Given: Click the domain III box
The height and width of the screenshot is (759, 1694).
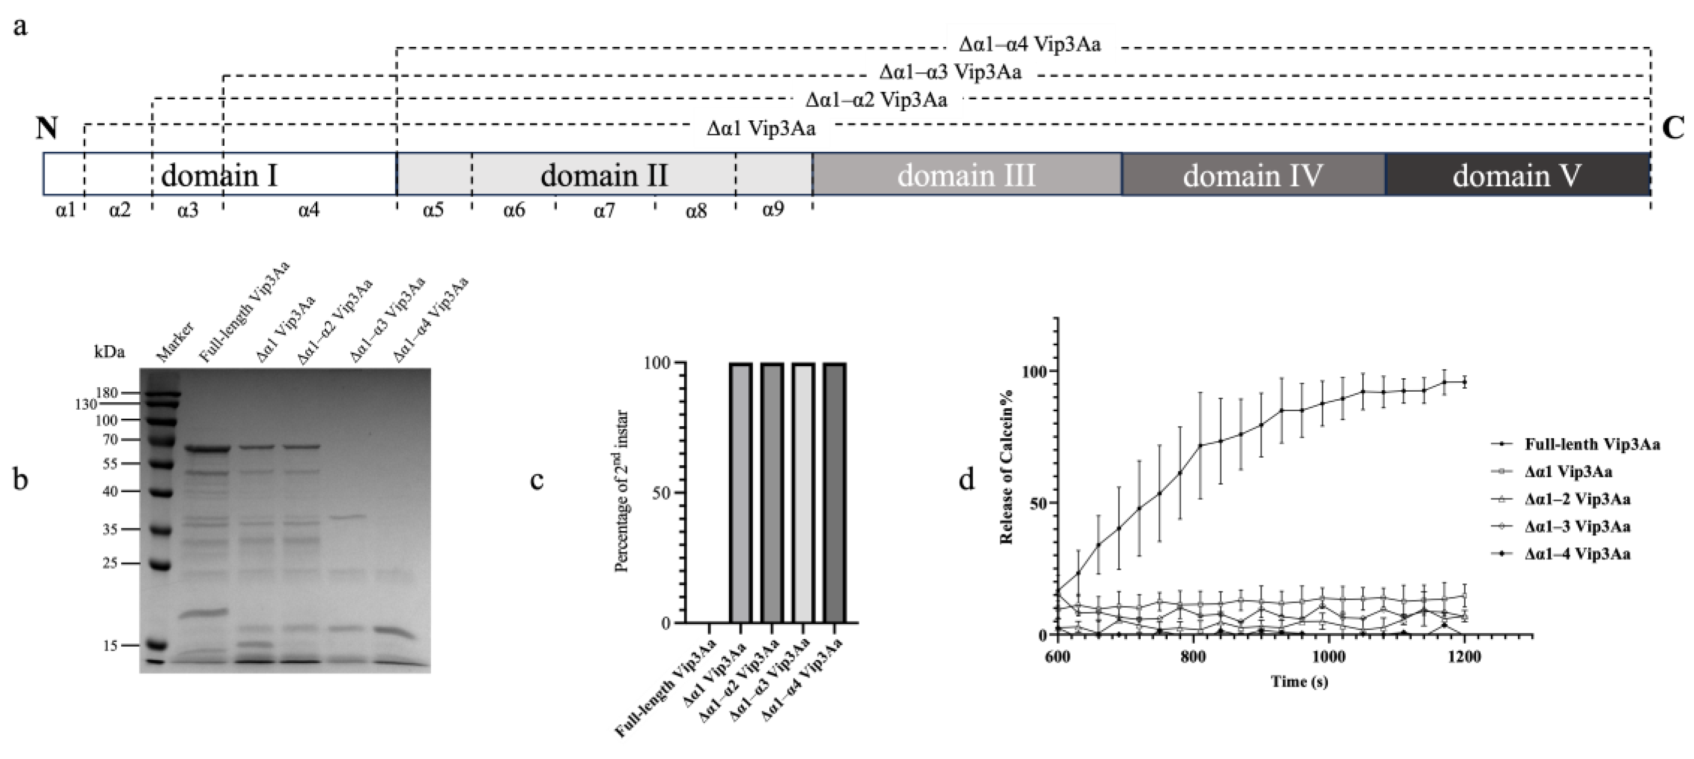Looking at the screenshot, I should [967, 174].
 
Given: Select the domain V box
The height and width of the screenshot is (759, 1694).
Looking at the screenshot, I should [1517, 174].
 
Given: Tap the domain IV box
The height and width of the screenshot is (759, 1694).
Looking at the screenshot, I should [1253, 174].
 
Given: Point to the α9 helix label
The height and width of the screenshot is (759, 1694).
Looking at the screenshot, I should [773, 211].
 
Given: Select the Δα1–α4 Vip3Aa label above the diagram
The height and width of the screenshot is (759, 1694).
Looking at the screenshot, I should [1030, 45].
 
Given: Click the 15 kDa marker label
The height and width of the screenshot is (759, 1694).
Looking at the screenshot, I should [110, 645].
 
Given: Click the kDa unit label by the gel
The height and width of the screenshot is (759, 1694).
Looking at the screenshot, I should [109, 352].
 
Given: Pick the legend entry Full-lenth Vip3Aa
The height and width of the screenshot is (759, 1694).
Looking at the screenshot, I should [1591, 445].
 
